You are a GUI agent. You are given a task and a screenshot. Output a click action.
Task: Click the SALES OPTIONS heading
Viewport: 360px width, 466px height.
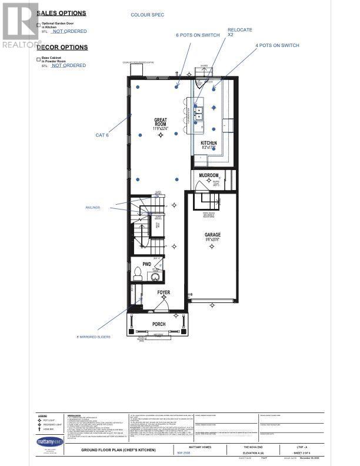(x=62, y=13)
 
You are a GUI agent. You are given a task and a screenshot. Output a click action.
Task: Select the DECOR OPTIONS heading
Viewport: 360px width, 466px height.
(x=62, y=47)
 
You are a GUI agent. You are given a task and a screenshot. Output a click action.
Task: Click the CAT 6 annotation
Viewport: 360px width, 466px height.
(x=102, y=135)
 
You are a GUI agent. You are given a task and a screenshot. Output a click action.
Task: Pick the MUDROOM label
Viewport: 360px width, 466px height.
(x=208, y=176)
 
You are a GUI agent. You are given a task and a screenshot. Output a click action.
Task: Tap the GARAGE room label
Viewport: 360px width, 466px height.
(x=212, y=235)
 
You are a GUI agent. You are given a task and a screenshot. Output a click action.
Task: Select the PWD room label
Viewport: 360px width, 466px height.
(x=146, y=265)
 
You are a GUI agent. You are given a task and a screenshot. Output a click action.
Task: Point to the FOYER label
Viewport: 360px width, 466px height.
(x=163, y=292)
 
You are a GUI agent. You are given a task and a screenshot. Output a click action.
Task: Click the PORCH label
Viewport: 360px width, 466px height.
(x=159, y=324)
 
